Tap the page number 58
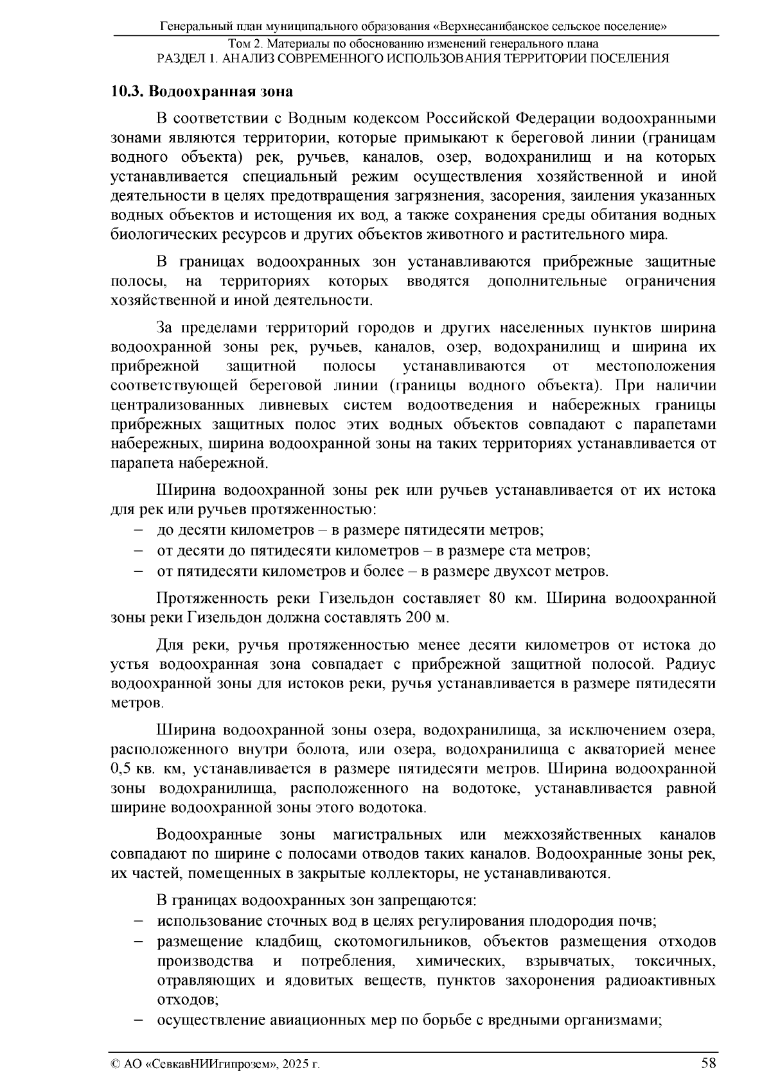pos(709,1062)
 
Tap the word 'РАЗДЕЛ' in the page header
pos(182,58)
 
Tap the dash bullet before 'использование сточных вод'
pos(138,922)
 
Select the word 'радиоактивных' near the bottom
pos(670,981)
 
